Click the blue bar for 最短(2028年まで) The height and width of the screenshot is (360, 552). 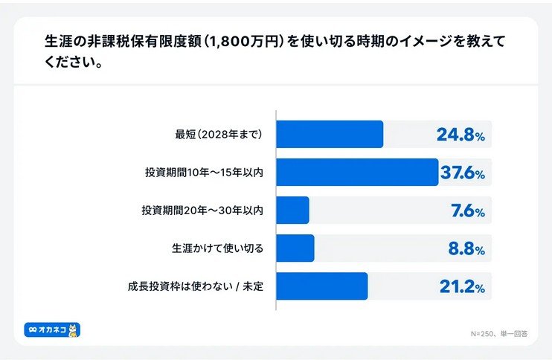330,135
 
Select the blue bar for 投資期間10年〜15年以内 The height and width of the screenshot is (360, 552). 357,173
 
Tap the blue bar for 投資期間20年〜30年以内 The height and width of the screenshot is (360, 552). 292,210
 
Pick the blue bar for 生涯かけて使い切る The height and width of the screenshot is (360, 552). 295,248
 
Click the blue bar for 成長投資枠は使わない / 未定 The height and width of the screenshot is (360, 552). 322,286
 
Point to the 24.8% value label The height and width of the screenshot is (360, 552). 460,135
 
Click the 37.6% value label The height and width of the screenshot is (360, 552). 462,173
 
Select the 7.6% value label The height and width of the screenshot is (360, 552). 467,211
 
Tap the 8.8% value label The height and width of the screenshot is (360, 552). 466,249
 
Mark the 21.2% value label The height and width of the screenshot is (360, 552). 461,287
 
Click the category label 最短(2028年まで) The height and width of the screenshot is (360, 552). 219,135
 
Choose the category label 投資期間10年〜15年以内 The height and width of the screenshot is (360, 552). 204,173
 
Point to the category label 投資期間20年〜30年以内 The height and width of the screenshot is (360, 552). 202,211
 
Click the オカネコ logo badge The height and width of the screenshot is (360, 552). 52,329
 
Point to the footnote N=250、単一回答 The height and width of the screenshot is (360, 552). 498,334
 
